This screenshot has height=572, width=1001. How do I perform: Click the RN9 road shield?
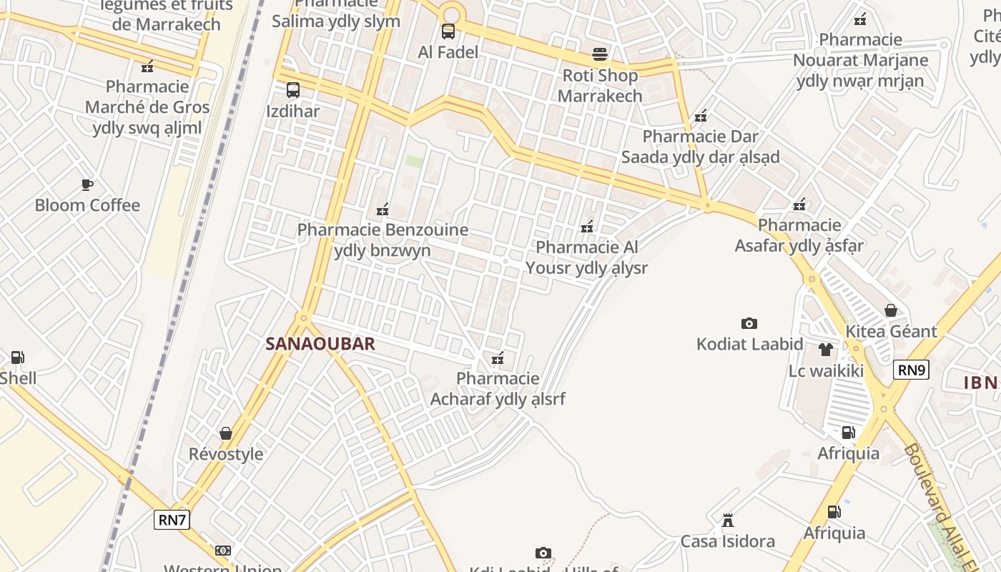click(x=911, y=370)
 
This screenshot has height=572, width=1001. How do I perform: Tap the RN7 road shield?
click(x=172, y=520)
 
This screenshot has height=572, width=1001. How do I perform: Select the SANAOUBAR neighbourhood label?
click(x=320, y=344)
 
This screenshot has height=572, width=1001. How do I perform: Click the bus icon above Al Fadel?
click(x=448, y=31)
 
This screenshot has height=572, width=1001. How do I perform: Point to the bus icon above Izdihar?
click(x=293, y=90)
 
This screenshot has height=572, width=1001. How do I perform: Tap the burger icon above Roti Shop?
click(x=600, y=54)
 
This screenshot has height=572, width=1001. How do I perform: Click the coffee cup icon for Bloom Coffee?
click(x=87, y=185)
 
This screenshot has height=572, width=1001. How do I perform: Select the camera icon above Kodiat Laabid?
click(x=749, y=324)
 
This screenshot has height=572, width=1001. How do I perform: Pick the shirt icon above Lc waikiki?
click(x=826, y=350)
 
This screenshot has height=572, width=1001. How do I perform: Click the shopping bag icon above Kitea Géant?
click(x=891, y=310)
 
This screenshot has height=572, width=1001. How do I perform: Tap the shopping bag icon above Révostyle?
click(x=226, y=433)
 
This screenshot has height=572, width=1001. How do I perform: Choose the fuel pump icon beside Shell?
click(x=17, y=357)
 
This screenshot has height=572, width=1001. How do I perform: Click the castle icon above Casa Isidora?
click(x=728, y=520)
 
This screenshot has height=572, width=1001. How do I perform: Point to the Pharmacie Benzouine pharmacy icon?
click(x=383, y=209)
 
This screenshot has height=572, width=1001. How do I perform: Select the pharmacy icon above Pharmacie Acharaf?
click(x=498, y=357)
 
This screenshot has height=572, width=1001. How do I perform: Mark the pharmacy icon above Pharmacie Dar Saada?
click(x=701, y=115)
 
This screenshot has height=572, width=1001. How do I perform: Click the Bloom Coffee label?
click(x=87, y=206)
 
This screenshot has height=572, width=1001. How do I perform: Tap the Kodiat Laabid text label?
click(x=750, y=345)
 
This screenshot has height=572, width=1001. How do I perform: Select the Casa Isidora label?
click(x=728, y=541)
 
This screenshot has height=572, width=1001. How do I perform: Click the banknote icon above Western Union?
click(x=223, y=551)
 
